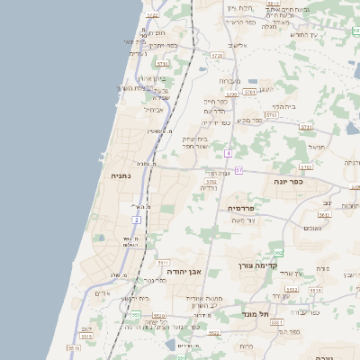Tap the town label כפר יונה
click(289, 181)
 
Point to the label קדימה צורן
click(259, 265)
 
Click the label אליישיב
click(237, 45)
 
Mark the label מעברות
click(229, 81)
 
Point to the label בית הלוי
click(283, 106)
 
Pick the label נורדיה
click(208, 187)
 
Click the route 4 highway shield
click(229, 154)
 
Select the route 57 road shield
click(238, 170)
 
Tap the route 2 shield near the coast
click(137, 219)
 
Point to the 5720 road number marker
click(217, 55)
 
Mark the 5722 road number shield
click(152, 15)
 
